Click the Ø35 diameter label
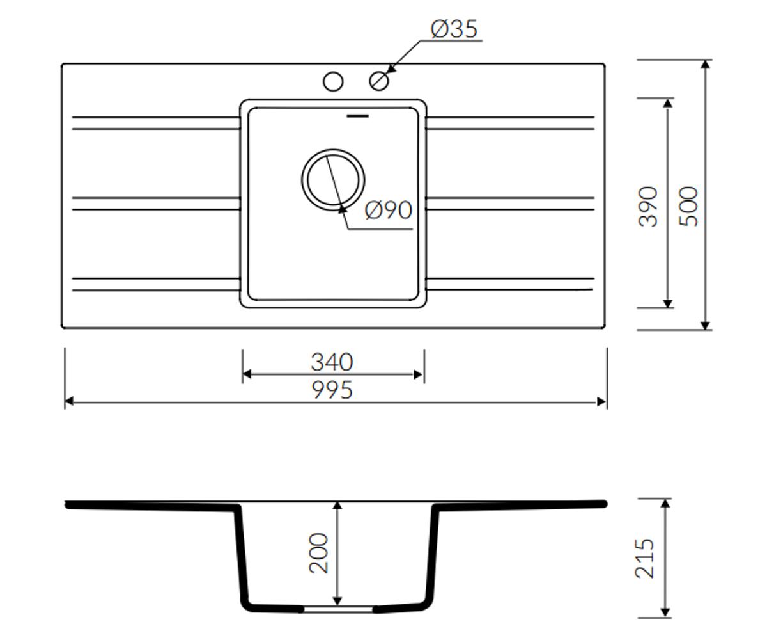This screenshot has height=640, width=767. pos(454,29)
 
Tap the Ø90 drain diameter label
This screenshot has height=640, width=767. pos(389,211)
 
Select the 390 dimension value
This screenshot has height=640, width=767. pos(648,207)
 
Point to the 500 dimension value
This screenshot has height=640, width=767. pos(688,206)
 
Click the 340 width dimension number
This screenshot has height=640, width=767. pos(332,362)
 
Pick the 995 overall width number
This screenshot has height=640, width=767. pos(332,390)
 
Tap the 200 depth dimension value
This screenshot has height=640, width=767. pos(318,554)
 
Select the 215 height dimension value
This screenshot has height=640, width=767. pos(645,559)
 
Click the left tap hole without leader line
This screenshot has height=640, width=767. pos(333,81)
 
